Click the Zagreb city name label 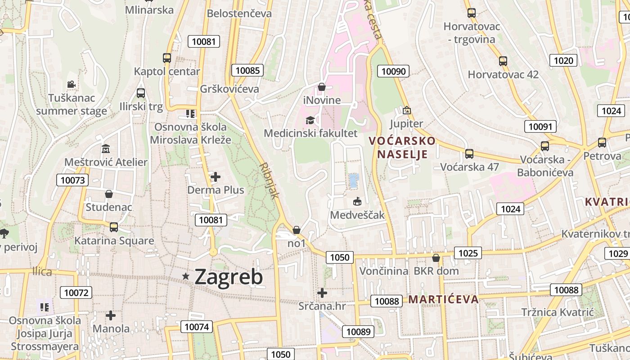229,277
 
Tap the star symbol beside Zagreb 185,276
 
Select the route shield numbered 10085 247,70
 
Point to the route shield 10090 394,71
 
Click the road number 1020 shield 563,60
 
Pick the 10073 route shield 72,180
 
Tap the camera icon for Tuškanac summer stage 71,84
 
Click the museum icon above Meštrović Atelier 106,148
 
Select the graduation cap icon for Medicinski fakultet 310,120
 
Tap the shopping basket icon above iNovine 322,87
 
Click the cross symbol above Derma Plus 216,177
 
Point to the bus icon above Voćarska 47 469,154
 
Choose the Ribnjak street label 270,180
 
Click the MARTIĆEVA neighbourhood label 443,299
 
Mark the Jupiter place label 406,124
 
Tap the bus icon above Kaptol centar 167,58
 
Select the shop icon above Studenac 108,194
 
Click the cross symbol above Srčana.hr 322,293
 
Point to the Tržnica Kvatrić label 558,312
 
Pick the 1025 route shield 468,253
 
